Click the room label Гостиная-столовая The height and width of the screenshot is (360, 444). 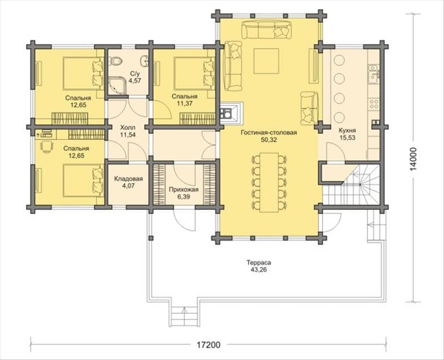point(269,132)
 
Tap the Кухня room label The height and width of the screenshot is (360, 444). point(347,131)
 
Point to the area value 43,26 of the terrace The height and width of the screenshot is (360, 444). point(259,269)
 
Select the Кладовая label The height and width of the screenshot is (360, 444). point(128,179)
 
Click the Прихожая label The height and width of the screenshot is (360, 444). point(184,189)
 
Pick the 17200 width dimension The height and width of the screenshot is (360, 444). point(209,344)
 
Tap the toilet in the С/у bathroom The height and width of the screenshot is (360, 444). point(116,61)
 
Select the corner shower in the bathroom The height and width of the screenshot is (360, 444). point(117,84)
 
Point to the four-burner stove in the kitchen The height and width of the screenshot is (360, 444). point(374,104)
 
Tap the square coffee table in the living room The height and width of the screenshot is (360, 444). point(266,61)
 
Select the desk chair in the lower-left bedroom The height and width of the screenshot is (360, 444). point(47,147)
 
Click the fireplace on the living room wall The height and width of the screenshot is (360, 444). point(231,113)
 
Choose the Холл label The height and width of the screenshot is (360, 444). point(128,127)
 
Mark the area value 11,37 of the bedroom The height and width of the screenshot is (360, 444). point(185,103)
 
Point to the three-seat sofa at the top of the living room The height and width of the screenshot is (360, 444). point(266,29)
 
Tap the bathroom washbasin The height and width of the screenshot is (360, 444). point(145,61)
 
